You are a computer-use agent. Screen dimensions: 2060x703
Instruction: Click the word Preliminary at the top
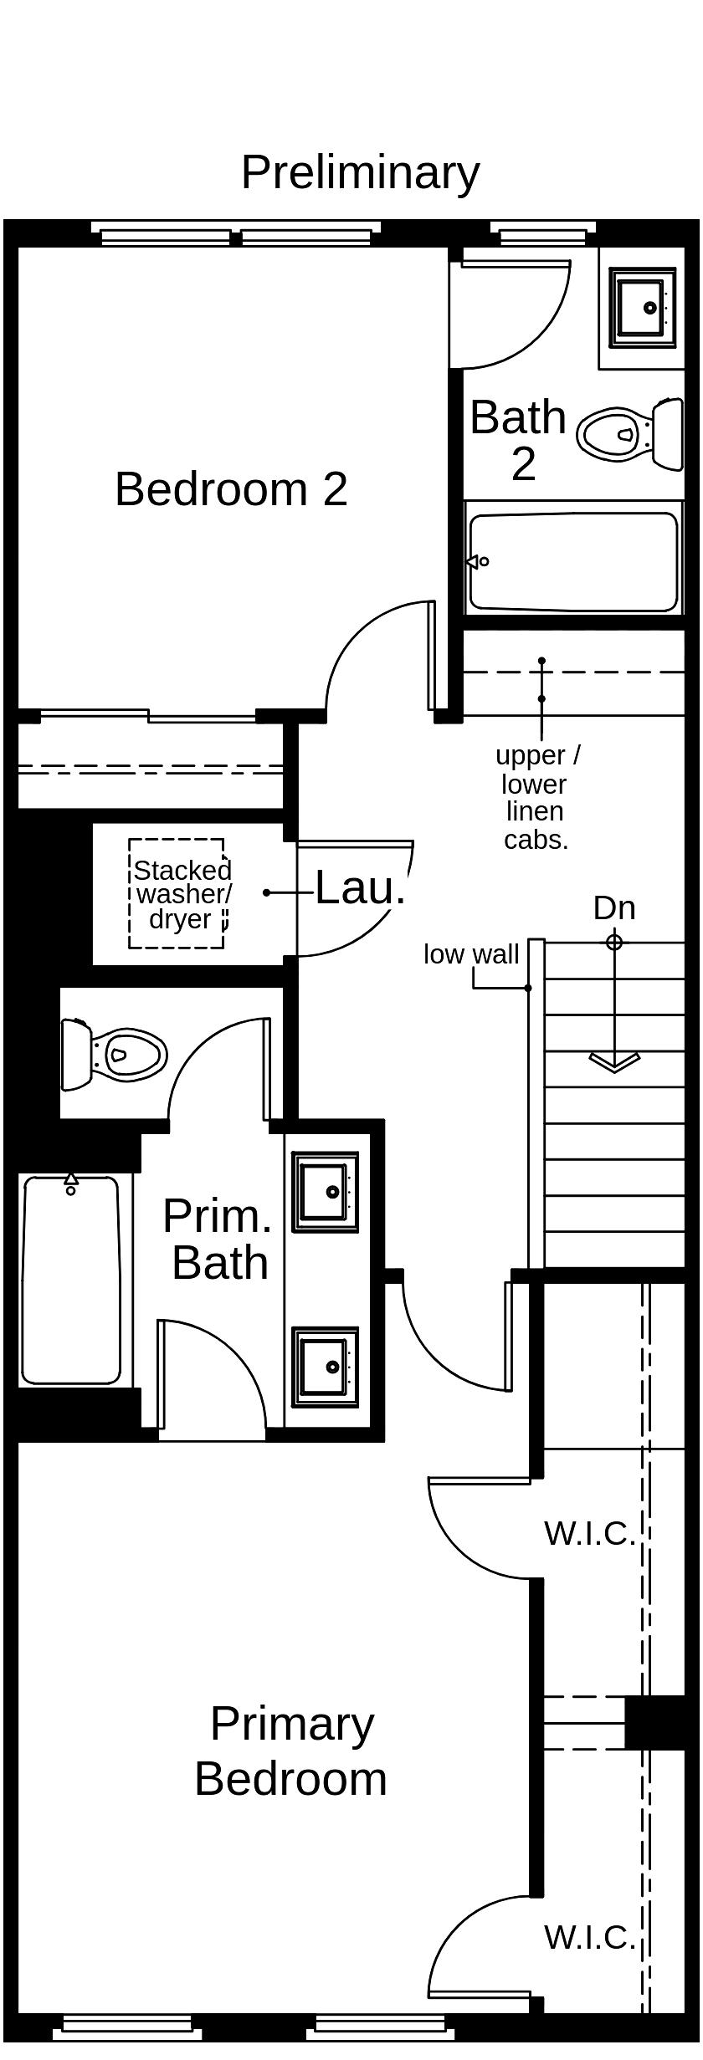(x=360, y=173)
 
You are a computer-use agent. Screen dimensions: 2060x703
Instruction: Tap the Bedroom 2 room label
(x=231, y=488)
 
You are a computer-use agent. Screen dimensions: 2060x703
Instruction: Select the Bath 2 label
(x=519, y=439)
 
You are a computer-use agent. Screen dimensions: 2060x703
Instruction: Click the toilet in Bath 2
(x=630, y=434)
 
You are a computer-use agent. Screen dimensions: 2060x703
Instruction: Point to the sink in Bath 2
(x=642, y=307)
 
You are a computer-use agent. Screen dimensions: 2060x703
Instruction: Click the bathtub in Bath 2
(x=574, y=561)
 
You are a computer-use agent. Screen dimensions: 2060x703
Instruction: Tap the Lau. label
(x=360, y=887)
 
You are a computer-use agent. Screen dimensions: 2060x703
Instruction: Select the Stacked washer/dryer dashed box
(x=177, y=893)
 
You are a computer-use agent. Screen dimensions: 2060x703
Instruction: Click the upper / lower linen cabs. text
(x=536, y=797)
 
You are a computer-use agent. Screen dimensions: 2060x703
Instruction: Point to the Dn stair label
(x=614, y=907)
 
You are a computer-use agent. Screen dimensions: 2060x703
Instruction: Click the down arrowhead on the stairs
(x=614, y=1061)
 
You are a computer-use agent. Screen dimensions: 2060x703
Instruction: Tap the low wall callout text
(x=471, y=954)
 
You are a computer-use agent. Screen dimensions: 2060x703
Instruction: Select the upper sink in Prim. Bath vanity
(x=326, y=1192)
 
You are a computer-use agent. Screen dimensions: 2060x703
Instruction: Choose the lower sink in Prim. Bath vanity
(x=326, y=1367)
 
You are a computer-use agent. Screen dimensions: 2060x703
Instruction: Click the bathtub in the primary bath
(x=71, y=1280)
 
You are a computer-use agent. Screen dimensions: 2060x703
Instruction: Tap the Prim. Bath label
(x=218, y=1240)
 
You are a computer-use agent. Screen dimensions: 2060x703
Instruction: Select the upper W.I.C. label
(x=589, y=1533)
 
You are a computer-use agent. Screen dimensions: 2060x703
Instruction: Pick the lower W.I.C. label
(x=589, y=1937)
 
